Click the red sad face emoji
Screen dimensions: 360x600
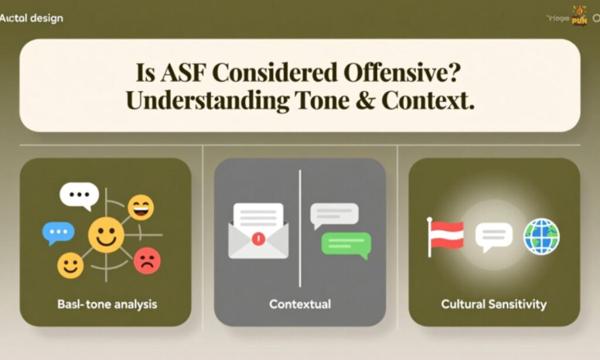coord(146,260)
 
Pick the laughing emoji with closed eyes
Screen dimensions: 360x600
coord(141,207)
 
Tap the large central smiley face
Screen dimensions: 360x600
coord(106,235)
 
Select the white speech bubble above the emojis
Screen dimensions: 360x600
coord(79,195)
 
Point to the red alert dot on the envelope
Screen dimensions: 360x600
coord(258,239)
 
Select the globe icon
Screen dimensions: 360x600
coord(541,236)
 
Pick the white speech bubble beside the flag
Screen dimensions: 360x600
coord(493,236)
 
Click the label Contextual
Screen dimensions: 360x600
coord(300,304)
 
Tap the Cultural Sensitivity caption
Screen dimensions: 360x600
coord(494,304)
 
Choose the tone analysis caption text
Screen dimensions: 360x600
coord(107,305)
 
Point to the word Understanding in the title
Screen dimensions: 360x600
coord(207,101)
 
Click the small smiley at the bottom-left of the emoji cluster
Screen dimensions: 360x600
coord(70,266)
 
